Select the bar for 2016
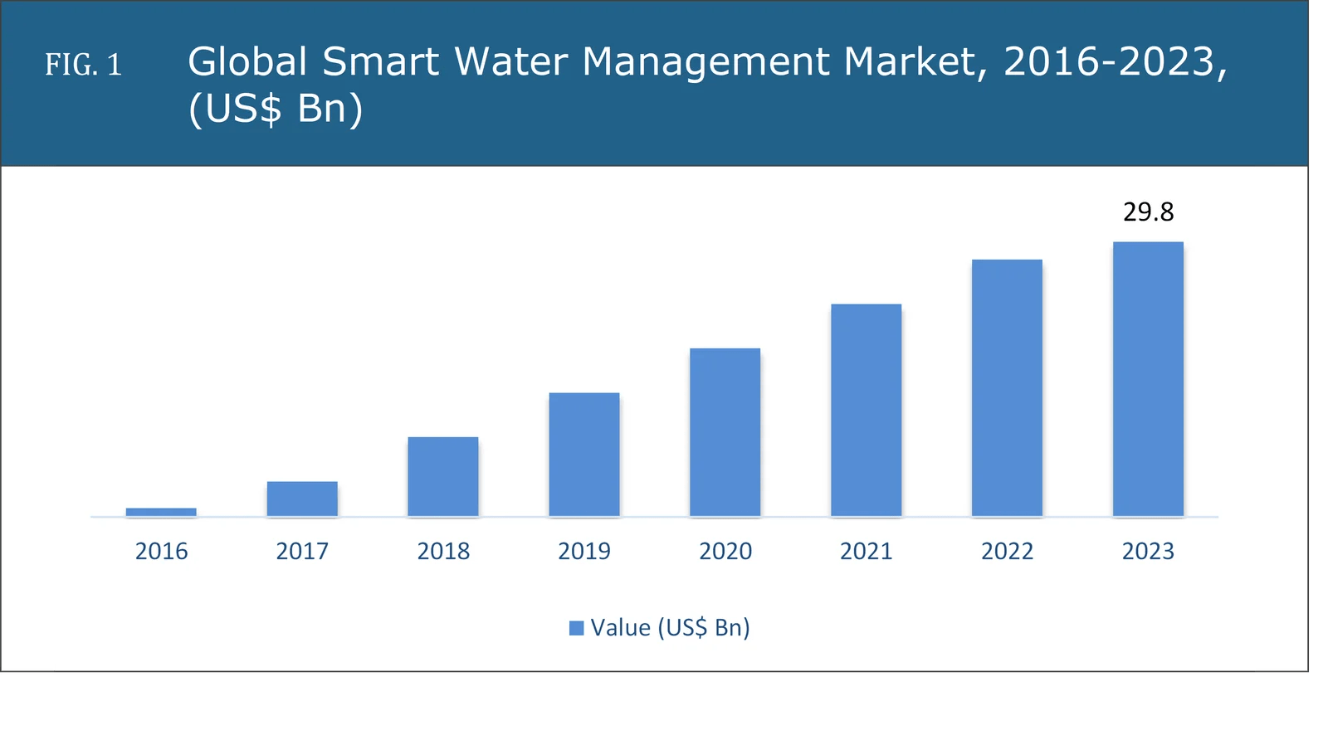click(x=161, y=512)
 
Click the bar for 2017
click(x=302, y=499)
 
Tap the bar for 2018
click(x=443, y=477)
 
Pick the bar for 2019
click(x=584, y=455)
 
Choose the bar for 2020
click(x=725, y=432)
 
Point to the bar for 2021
click(x=866, y=411)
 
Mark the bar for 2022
click(x=1007, y=388)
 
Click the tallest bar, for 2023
click(x=1148, y=379)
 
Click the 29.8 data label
click(x=1148, y=212)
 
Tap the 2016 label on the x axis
click(x=161, y=551)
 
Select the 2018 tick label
click(x=443, y=551)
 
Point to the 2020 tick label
click(x=725, y=551)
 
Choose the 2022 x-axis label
click(x=1007, y=551)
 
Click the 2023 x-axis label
click(x=1148, y=551)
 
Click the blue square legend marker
click(x=576, y=628)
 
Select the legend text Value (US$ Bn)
click(x=670, y=627)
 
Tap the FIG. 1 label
click(x=83, y=65)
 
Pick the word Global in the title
click(x=247, y=61)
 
